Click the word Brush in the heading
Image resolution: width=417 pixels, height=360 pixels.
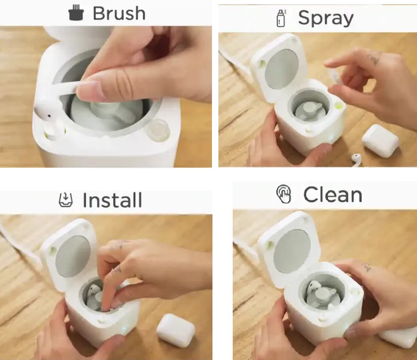(x=119, y=13)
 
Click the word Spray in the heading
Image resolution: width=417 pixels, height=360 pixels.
(x=326, y=18)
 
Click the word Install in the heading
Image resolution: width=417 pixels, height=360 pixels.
(x=112, y=200)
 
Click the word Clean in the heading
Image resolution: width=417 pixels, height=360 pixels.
(x=333, y=195)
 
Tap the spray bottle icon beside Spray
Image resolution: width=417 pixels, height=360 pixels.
(x=281, y=18)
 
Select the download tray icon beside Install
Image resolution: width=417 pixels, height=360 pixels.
(x=65, y=200)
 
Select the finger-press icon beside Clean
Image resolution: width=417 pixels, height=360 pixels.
(x=284, y=194)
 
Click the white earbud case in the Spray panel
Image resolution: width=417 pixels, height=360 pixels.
(x=380, y=140)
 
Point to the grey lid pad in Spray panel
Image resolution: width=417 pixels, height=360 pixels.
(x=282, y=70)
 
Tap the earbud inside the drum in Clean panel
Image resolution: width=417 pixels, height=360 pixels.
(x=313, y=288)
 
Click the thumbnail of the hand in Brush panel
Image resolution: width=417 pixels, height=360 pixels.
(x=88, y=89)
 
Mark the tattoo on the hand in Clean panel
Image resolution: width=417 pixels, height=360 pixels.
(x=367, y=267)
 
